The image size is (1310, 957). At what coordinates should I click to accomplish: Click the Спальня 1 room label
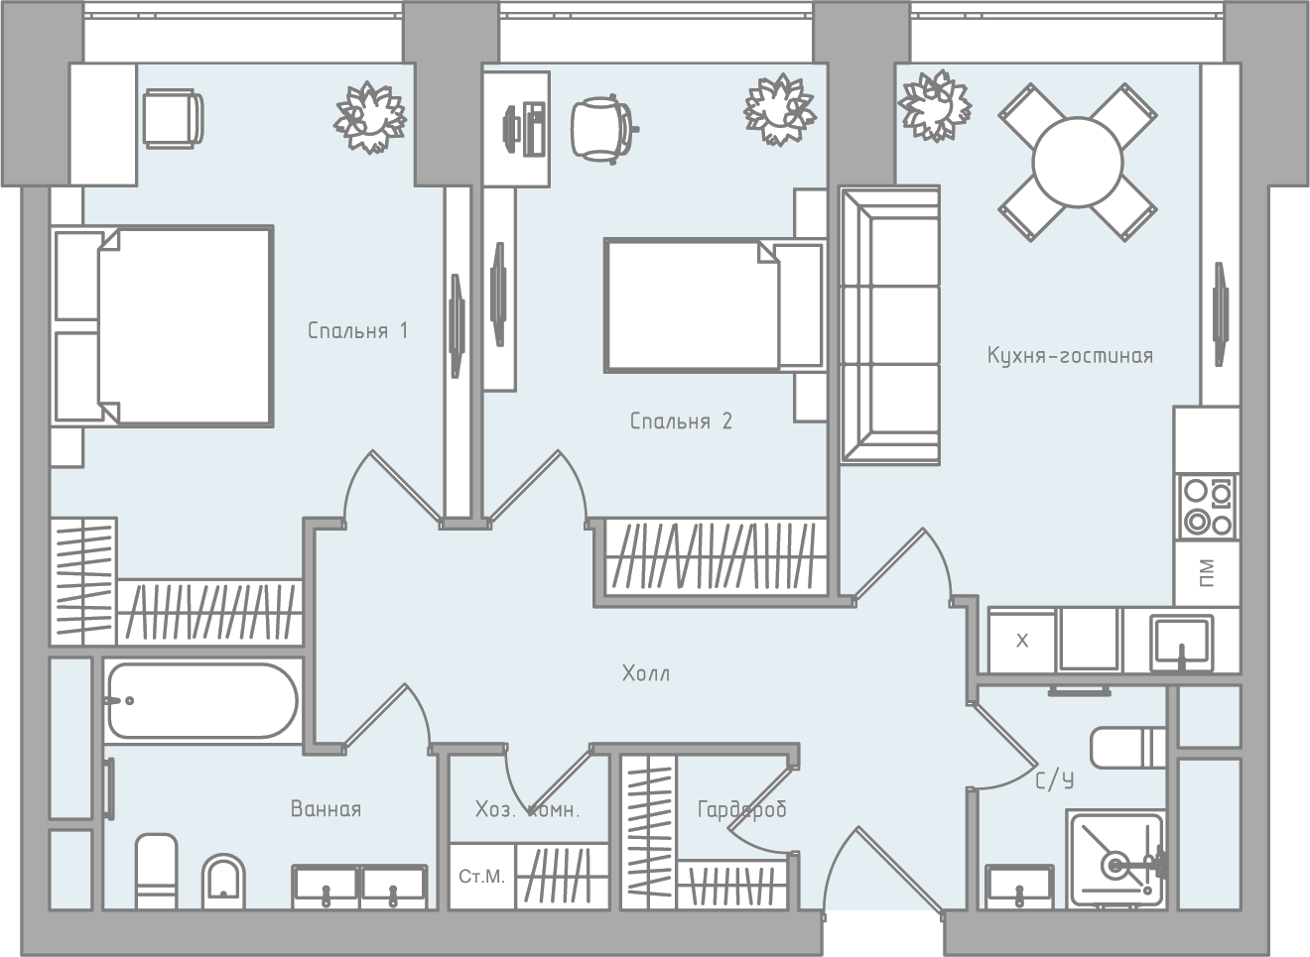[x=357, y=330]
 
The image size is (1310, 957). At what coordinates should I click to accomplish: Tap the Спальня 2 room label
[x=681, y=420]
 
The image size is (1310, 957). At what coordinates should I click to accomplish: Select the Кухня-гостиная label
[x=1070, y=355]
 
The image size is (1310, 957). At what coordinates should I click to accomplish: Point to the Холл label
[x=646, y=673]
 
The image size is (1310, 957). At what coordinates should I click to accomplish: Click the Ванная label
[x=326, y=808]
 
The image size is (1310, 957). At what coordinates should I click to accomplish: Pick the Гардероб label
[x=741, y=810]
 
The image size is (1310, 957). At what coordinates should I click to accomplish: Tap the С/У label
[x=1054, y=780]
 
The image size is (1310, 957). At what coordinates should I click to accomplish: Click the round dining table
[x=1077, y=162]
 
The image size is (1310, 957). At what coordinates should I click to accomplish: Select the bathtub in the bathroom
[x=202, y=700]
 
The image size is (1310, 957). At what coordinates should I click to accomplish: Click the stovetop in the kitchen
[x=1208, y=507]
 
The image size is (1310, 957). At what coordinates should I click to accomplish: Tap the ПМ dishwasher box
[x=1207, y=572]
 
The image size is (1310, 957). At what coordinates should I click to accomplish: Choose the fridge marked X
[x=1021, y=641]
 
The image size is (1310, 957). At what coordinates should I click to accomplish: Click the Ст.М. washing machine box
[x=482, y=876]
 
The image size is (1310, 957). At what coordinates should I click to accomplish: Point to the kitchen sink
[x=1181, y=643]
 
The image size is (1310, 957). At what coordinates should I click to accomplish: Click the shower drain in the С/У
[x=1115, y=866]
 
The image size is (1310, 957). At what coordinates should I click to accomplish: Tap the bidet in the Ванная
[x=223, y=882]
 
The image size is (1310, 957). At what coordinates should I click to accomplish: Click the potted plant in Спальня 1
[x=370, y=117]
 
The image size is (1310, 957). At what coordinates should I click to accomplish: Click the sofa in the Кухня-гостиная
[x=890, y=325]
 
